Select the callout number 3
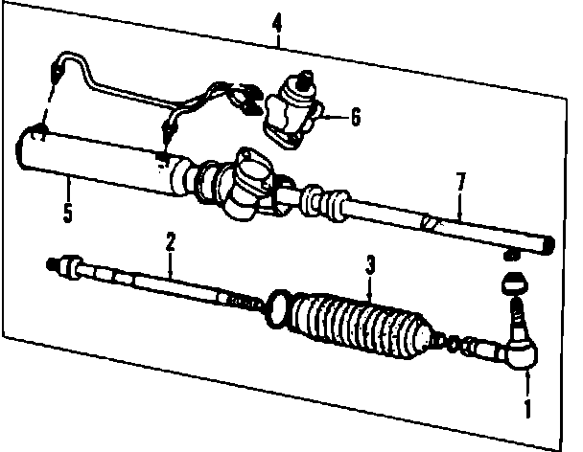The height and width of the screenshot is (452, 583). (371, 262)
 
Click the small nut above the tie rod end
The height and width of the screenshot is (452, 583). (515, 284)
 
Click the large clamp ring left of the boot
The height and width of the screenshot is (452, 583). (275, 305)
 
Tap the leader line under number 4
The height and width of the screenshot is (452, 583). (278, 38)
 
